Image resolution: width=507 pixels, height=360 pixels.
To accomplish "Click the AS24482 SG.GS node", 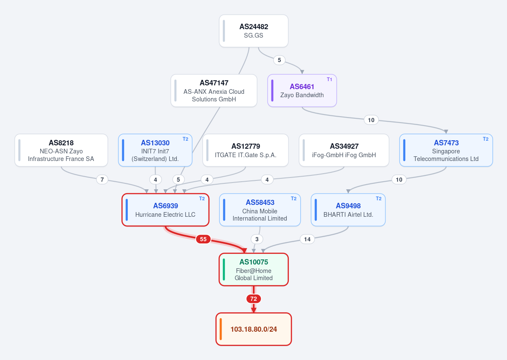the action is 254,31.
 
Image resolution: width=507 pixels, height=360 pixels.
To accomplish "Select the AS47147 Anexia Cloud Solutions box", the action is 214,90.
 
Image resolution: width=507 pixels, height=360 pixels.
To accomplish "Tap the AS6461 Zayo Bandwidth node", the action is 302,90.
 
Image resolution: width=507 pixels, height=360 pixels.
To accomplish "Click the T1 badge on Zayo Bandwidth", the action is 329,79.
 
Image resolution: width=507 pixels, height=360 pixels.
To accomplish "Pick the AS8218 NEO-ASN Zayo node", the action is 61,150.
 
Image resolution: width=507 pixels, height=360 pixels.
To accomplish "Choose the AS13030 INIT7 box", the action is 155,150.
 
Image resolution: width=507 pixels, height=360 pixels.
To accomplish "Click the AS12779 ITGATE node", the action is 245,150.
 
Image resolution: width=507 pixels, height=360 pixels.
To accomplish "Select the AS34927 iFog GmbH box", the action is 344,150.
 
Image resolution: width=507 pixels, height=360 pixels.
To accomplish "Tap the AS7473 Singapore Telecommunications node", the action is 446,150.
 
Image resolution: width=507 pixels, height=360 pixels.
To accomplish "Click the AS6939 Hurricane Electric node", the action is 165,210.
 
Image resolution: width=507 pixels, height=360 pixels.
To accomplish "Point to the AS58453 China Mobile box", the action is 260,210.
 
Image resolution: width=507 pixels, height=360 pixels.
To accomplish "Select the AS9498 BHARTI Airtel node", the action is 348,210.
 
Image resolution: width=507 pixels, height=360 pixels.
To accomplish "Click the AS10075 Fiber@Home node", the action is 254,270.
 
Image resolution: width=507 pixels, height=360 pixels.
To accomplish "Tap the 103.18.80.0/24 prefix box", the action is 254,329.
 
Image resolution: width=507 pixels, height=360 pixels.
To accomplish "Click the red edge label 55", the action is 203,239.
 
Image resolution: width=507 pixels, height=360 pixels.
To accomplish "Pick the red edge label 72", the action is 254,299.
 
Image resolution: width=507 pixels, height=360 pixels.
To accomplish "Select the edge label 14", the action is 307,239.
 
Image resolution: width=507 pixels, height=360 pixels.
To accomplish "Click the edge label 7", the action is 102,180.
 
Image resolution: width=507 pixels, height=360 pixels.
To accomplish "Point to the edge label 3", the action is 257,239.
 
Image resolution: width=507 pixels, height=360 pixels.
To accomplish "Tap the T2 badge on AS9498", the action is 378,199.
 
